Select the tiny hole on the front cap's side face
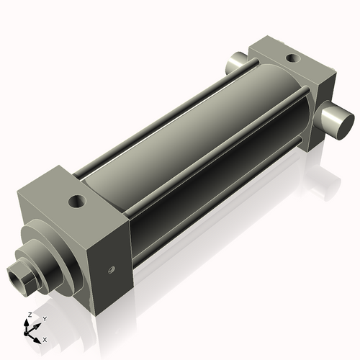110,271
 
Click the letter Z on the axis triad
28,315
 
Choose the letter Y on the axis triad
44,318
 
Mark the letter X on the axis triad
45,338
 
